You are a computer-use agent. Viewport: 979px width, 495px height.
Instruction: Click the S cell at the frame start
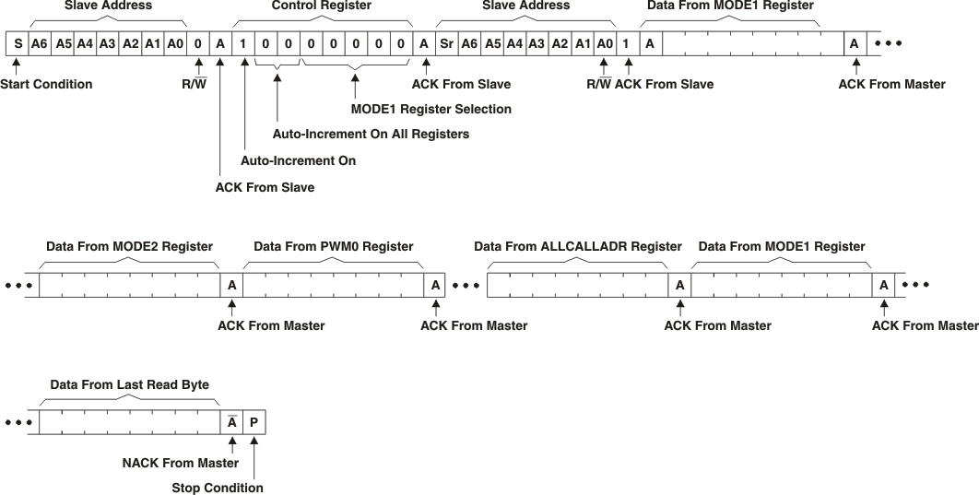(x=18, y=43)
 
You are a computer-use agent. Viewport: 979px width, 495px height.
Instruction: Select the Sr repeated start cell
(x=446, y=43)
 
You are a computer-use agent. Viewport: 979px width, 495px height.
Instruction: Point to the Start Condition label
(x=46, y=84)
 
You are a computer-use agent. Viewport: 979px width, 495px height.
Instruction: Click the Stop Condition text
(x=218, y=488)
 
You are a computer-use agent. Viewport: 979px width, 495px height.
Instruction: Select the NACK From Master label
(x=181, y=463)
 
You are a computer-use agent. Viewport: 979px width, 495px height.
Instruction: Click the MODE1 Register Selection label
(x=431, y=109)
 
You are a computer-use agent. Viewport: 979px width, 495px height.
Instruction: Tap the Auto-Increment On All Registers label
(x=371, y=134)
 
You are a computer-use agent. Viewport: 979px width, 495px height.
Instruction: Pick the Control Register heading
(x=321, y=6)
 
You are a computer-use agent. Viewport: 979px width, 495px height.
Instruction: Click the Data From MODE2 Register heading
(x=129, y=246)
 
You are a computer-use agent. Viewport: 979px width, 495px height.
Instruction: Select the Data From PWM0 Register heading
(x=333, y=246)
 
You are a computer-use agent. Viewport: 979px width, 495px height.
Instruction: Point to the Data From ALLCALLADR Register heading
(x=578, y=246)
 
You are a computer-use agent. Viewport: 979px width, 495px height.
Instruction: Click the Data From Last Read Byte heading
(x=129, y=384)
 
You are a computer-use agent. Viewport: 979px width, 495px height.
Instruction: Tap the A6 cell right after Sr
(x=469, y=43)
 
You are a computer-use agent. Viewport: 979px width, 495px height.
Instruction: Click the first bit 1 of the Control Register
(x=243, y=43)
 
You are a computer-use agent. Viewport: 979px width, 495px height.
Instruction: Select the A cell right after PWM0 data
(x=435, y=285)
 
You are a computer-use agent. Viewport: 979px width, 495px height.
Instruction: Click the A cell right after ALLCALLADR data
(x=679, y=285)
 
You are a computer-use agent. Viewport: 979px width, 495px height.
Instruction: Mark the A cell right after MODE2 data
(x=231, y=285)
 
